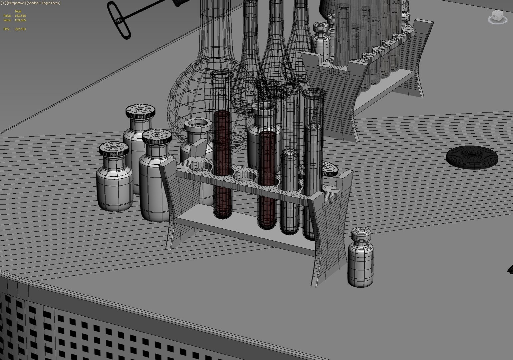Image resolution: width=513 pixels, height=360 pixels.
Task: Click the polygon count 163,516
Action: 20,16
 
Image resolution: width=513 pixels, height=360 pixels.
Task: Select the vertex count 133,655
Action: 20,20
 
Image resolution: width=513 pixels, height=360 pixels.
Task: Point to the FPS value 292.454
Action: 20,29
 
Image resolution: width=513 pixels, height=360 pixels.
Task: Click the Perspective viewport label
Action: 16,3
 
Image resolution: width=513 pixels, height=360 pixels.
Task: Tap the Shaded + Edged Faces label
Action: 44,3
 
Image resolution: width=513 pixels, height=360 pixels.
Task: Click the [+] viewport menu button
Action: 3,3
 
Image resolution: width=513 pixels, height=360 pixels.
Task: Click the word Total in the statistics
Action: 18,11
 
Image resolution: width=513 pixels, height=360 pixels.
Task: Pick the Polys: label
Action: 7,16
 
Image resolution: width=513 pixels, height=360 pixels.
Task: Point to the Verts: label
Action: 7,20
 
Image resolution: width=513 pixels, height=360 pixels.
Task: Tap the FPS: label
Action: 6,29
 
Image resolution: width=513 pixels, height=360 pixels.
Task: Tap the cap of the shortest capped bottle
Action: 113,150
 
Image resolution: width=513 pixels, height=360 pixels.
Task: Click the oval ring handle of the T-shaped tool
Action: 118,20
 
